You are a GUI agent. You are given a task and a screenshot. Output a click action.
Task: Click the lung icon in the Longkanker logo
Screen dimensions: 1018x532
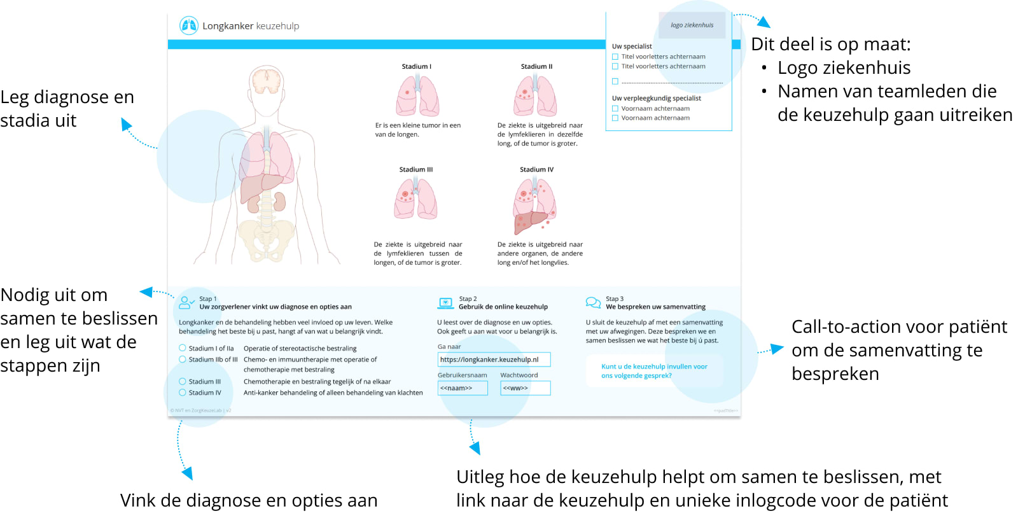pos(189,25)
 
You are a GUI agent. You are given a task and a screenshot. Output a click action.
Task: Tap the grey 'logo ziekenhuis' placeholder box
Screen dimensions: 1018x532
pos(692,25)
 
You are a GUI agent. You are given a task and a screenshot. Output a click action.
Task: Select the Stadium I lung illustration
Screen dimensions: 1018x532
pos(417,95)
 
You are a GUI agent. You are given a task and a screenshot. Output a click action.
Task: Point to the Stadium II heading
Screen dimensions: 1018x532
pos(536,66)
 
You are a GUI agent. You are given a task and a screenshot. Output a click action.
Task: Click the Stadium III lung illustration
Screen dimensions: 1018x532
pos(415,199)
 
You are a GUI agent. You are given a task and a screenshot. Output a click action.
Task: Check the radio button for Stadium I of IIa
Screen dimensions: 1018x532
pos(183,348)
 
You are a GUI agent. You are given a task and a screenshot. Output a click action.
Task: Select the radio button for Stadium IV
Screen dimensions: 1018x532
pos(183,393)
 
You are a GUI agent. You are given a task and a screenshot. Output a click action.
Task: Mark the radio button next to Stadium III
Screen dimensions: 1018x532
pos(183,382)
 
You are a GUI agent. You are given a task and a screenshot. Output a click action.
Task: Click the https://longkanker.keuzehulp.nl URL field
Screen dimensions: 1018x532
pos(494,360)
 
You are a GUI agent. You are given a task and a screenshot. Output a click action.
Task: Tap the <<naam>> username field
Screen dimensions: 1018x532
pos(463,388)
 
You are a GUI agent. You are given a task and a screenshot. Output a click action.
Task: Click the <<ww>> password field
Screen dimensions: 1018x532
pos(525,388)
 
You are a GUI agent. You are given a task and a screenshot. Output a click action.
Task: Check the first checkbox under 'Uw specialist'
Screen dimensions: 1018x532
pos(615,57)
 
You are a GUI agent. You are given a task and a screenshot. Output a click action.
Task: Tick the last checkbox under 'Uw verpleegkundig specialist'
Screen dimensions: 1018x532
pos(615,118)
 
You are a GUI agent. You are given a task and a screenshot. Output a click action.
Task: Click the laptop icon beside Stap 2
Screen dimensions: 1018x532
pos(445,303)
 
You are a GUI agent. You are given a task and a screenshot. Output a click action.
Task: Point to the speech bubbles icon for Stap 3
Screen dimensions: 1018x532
pos(593,302)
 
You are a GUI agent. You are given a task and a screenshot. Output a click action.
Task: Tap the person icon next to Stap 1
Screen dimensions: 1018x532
pos(186,302)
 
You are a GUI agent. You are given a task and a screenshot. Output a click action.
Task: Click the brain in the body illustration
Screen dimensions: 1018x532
pos(267,81)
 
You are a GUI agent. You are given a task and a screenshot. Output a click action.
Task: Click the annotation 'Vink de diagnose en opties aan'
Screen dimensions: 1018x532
pos(249,500)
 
